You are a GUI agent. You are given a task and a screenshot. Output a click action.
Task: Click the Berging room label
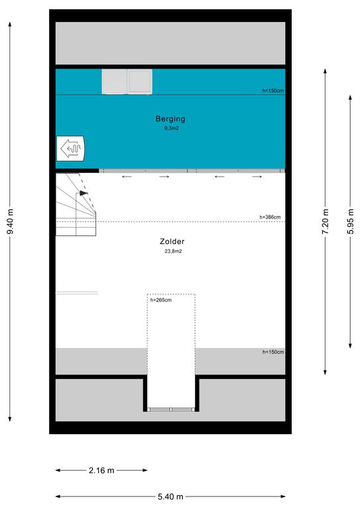170,119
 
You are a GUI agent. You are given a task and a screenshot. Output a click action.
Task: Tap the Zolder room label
172,241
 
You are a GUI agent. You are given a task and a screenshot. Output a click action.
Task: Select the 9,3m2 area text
172,128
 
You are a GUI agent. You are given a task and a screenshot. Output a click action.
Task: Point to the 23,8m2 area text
173,251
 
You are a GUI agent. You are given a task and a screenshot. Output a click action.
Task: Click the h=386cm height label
270,217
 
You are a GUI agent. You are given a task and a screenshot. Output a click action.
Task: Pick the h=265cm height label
161,300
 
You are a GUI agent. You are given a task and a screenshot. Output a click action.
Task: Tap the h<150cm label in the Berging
273,91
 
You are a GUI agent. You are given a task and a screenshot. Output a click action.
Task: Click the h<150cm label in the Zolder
273,352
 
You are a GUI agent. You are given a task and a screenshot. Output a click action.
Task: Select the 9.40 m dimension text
10,222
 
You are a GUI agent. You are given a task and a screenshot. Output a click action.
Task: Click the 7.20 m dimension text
326,222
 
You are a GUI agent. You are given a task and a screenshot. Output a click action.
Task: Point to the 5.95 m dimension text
350,222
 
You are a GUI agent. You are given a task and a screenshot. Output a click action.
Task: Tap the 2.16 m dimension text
101,470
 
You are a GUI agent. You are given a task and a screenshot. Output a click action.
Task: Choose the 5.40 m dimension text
170,496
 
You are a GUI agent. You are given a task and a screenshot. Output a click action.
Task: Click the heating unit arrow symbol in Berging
70,148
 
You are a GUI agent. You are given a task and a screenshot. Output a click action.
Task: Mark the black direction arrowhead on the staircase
84,193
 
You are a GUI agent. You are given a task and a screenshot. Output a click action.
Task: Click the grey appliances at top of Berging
127,82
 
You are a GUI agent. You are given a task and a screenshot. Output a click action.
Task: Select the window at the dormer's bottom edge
171,410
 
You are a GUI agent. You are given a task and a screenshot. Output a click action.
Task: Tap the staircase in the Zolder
76,204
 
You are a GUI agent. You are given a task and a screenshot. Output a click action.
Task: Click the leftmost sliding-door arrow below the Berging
127,176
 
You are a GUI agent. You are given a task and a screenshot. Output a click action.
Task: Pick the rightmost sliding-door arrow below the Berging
257,176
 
